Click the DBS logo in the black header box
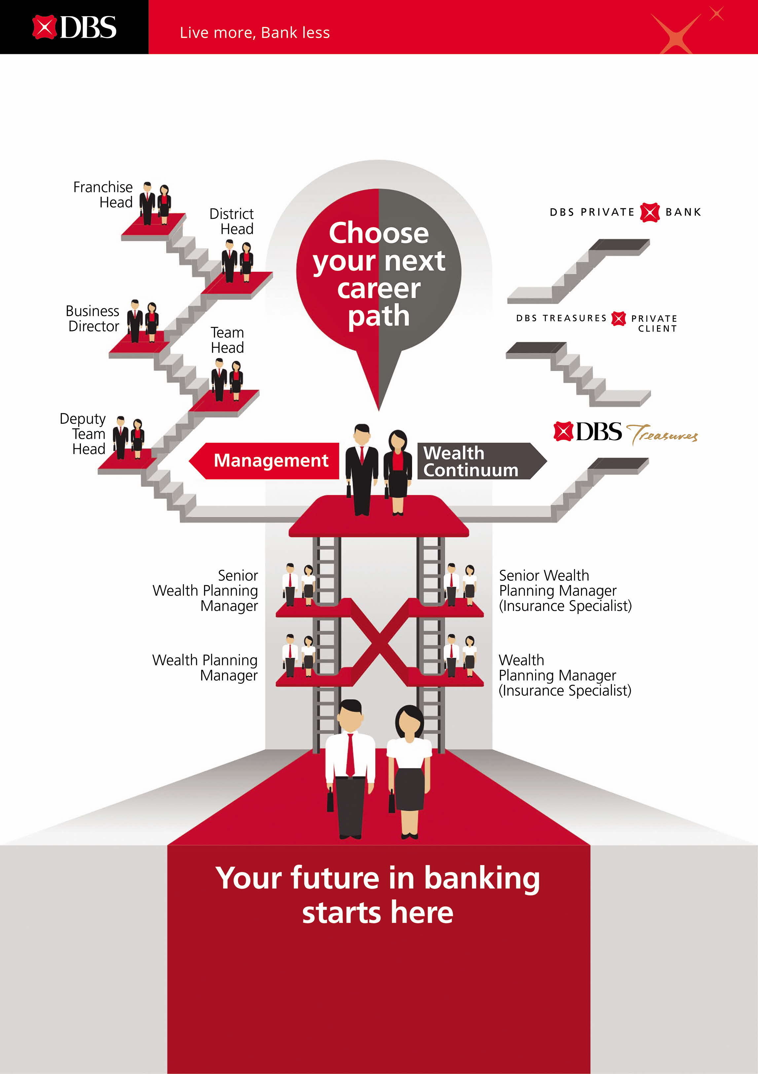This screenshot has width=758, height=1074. (x=74, y=27)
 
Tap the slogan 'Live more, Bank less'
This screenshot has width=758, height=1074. (x=255, y=33)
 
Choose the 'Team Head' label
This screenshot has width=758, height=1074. (x=227, y=340)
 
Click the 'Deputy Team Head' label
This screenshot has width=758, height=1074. (x=83, y=434)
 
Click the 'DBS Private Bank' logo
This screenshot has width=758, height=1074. (x=625, y=212)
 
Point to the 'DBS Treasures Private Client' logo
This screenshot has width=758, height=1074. (x=597, y=322)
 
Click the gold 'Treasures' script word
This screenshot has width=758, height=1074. (x=662, y=434)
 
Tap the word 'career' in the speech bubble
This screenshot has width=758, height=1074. (x=379, y=289)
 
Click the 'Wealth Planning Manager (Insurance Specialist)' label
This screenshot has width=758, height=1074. (x=564, y=676)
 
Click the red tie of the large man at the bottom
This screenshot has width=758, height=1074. (x=350, y=755)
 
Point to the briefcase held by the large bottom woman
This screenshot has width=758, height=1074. (x=392, y=801)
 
